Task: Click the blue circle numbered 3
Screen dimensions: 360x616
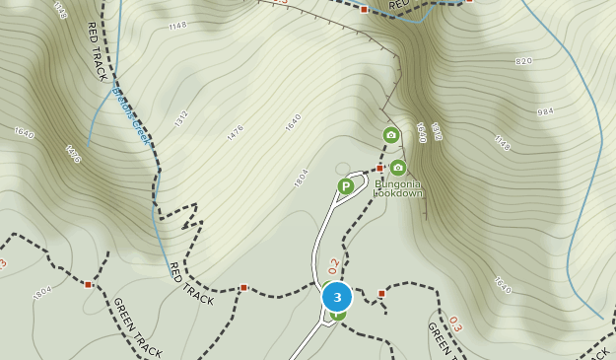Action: [x=337, y=297]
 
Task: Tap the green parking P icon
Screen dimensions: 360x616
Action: [x=345, y=185]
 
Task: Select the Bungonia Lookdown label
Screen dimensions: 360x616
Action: [x=398, y=187]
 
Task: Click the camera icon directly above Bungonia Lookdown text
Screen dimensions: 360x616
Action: [x=397, y=168]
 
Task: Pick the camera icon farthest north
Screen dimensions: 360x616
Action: [x=391, y=135]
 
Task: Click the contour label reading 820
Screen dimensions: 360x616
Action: [x=523, y=61]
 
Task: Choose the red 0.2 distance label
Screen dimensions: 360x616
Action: [x=334, y=265]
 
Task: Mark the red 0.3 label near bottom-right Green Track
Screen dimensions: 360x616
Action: [x=455, y=323]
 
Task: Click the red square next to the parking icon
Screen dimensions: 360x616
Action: [x=379, y=169]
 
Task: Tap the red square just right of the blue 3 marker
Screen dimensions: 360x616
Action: [x=381, y=293]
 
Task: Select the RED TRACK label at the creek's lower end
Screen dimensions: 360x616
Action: [x=190, y=284]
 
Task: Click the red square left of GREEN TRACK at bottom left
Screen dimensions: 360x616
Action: [x=88, y=284]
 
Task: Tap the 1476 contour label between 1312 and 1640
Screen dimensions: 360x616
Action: [x=235, y=134]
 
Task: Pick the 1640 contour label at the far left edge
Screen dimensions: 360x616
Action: [x=24, y=131]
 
